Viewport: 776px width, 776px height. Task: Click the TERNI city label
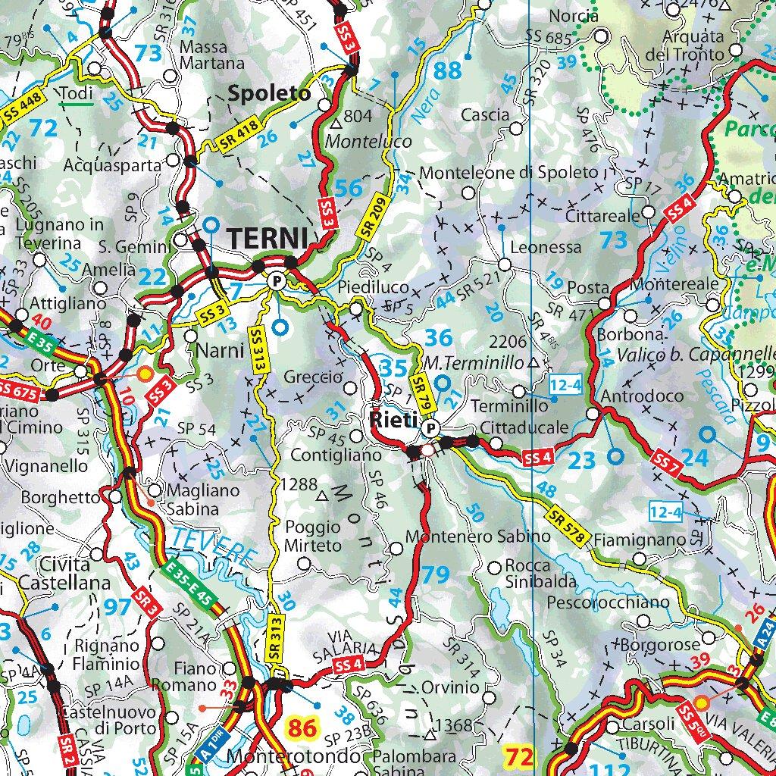point(266,237)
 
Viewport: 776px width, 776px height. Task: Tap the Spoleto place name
point(270,94)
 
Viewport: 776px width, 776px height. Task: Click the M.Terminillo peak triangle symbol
point(533,362)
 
